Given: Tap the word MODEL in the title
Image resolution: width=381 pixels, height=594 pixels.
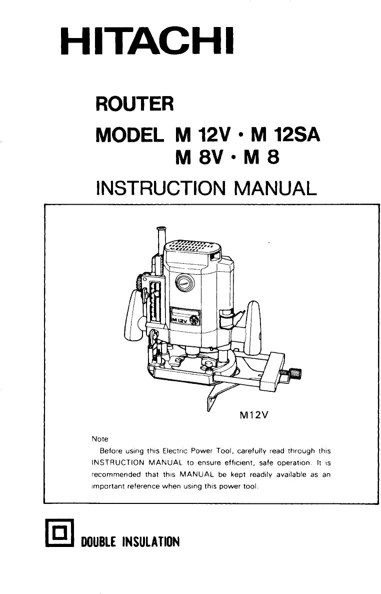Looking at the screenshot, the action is pyautogui.click(x=130, y=135).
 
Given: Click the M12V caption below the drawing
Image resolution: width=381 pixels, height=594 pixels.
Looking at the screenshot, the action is pyautogui.click(x=252, y=414).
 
